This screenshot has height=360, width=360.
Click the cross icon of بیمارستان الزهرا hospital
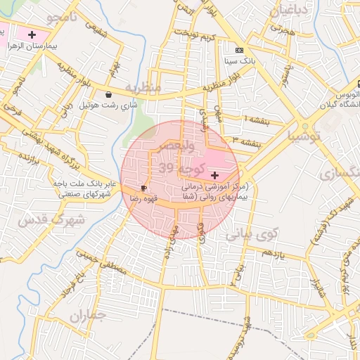(32, 34)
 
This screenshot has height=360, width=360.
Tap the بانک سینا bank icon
(240, 50)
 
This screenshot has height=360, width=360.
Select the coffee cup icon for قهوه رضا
(144, 188)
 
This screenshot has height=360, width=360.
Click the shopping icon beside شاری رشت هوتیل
(108, 94)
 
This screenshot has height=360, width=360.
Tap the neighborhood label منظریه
(148, 86)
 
